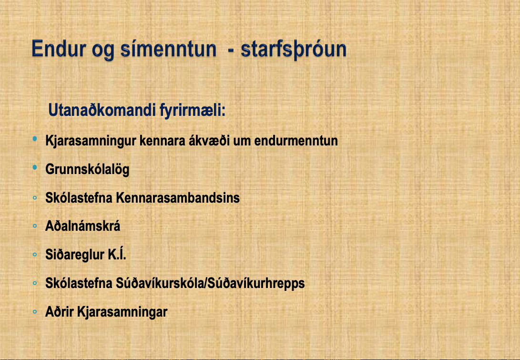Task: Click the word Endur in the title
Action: pyautogui.click(x=59, y=49)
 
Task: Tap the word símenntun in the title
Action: pyautogui.click(x=168, y=49)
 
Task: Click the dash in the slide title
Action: pyautogui.click(x=231, y=51)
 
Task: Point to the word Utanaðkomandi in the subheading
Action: pyautogui.click(x=102, y=110)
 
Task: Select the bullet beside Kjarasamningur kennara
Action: pyautogui.click(x=35, y=139)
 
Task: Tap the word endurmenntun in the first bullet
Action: pyautogui.click(x=296, y=141)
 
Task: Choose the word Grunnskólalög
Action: pyautogui.click(x=87, y=170)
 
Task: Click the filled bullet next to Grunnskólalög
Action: pyautogui.click(x=35, y=168)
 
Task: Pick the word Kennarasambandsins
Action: pyautogui.click(x=178, y=198)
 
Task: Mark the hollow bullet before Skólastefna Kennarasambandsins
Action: pyautogui.click(x=35, y=198)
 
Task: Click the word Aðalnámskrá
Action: pyautogui.click(x=82, y=226)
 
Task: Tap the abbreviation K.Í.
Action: pyautogui.click(x=117, y=254)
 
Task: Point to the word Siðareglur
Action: pyautogui.click(x=75, y=255)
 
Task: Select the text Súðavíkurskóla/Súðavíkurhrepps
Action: pyautogui.click(x=210, y=283)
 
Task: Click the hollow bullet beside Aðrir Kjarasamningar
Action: pyautogui.click(x=35, y=312)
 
